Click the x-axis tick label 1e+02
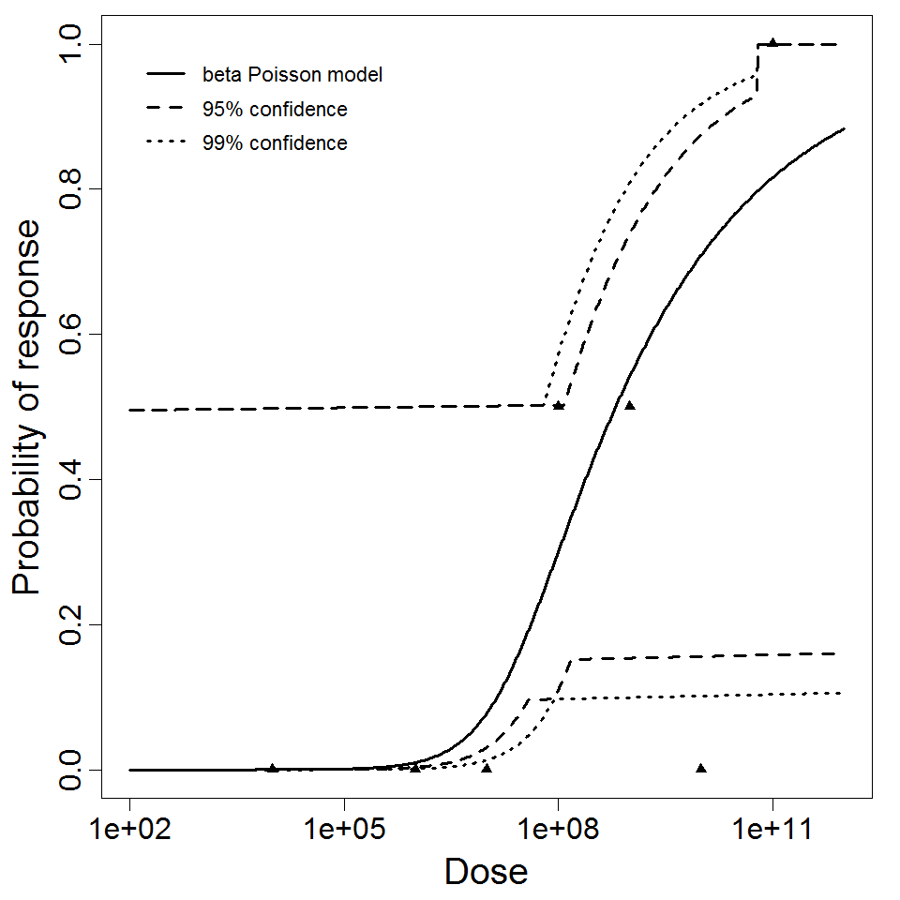129,830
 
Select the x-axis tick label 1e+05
344,830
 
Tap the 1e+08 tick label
558,830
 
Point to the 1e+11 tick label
772,830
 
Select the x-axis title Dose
486,872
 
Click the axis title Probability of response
28,408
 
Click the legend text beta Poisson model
292,75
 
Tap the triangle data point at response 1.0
772,42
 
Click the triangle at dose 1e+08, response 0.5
559,405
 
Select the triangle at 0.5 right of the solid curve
630,405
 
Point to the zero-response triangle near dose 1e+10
701,768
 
